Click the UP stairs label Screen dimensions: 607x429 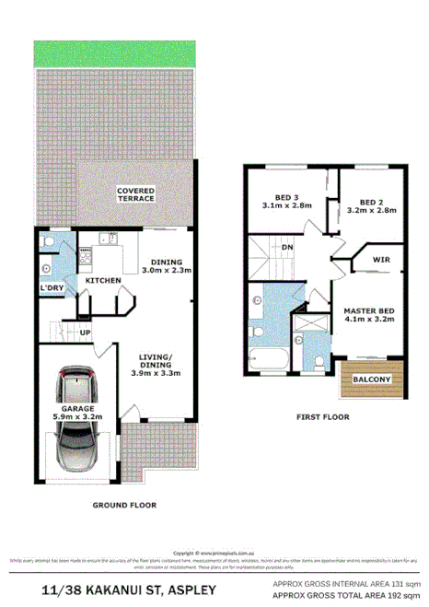85,332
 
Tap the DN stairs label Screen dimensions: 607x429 287,247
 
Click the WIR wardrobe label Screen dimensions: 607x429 381,261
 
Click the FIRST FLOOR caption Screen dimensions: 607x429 321,417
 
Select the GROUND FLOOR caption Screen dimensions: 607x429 124,505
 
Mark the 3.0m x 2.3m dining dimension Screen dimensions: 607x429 167,270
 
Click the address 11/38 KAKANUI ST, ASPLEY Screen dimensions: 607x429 129,589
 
